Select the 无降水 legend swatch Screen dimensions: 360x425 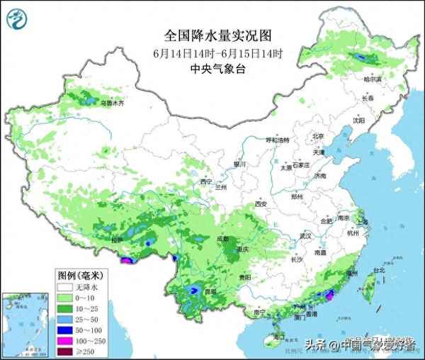(65, 288)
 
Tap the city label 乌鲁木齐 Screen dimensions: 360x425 (111, 103)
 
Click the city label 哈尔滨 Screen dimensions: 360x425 (372, 80)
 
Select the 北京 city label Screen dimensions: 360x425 (318, 136)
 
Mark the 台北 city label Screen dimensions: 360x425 (378, 270)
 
